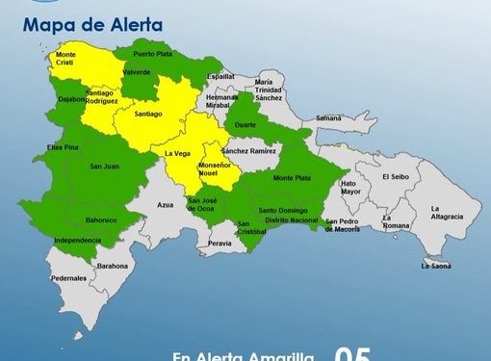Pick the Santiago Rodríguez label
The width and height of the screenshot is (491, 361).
click(102, 97)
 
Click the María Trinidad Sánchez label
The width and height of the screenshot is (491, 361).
click(270, 90)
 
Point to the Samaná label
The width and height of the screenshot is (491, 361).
click(328, 117)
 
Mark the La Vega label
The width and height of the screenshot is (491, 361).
click(176, 154)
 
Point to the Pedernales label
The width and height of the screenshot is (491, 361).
click(68, 278)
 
